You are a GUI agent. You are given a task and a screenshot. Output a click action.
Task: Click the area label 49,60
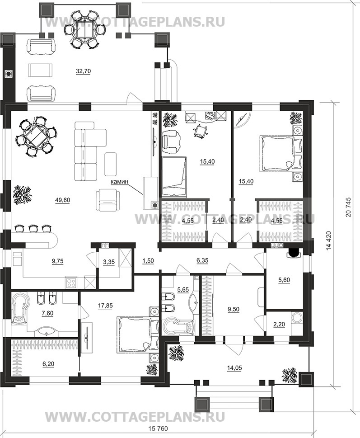62,200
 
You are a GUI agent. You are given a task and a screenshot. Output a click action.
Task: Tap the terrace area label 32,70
83,71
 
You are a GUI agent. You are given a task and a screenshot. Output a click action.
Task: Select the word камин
119,182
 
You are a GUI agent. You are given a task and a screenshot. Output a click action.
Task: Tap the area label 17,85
105,306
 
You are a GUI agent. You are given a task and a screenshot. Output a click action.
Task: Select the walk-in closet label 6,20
49,364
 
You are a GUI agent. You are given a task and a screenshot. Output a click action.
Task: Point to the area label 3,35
109,262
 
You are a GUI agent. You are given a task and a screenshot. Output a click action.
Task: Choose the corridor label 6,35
202,261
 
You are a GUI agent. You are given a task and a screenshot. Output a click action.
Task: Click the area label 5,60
284,280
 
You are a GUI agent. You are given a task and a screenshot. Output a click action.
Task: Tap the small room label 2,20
279,324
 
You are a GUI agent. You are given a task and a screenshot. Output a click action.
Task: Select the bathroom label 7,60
47,313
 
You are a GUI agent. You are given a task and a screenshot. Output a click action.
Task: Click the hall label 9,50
234,309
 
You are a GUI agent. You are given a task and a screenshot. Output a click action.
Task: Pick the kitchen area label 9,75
58,261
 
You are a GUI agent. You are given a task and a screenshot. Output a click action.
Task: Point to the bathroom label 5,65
183,289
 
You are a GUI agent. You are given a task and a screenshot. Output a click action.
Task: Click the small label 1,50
148,261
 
